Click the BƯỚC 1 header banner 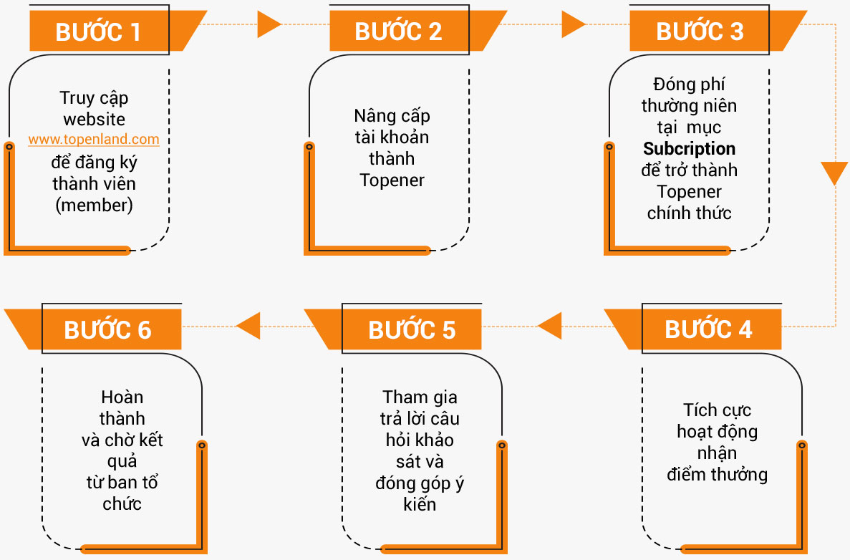click(108, 31)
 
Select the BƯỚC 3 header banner click(710, 31)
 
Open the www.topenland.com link click(94, 140)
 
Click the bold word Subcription click(689, 148)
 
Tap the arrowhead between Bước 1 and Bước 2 click(269, 24)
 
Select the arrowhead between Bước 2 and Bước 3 click(574, 24)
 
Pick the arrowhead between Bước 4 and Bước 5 click(550, 327)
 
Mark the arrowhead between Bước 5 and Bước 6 click(248, 327)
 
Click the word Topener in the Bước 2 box click(392, 180)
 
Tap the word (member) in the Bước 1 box click(94, 205)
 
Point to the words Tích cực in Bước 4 click(717, 410)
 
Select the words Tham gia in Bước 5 click(420, 397)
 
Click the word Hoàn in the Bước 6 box click(122, 397)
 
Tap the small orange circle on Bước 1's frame click(9, 146)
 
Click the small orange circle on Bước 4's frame click(802, 445)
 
